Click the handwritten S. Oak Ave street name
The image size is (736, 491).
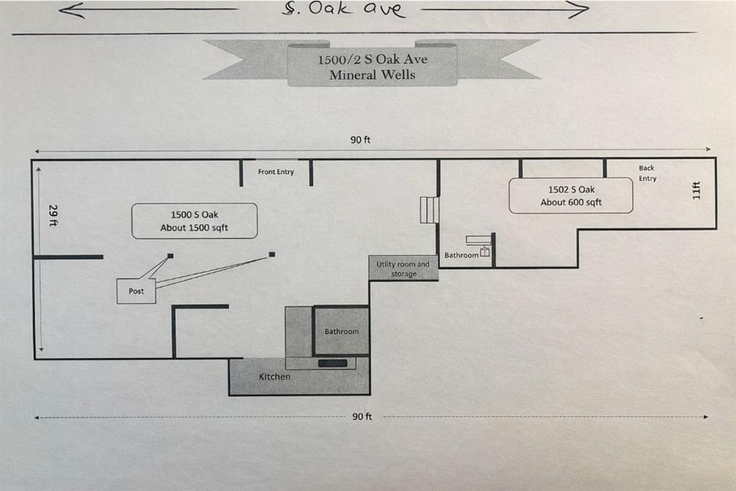344,9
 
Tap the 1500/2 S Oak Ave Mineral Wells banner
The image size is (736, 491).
372,65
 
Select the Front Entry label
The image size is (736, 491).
276,172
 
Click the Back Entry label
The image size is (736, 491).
647,173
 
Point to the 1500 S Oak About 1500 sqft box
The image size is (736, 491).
194,221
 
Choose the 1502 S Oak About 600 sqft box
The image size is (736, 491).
571,196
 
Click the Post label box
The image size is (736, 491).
136,291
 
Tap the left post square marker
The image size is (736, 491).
170,256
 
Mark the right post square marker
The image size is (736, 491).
272,254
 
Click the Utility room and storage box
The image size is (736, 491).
403,269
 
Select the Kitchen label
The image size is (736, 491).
275,377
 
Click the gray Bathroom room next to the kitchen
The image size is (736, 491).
341,331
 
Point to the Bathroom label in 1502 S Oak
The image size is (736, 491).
461,255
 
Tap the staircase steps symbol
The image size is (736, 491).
429,210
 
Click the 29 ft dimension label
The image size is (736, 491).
52,215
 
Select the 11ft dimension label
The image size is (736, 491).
696,191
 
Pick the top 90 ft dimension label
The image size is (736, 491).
360,139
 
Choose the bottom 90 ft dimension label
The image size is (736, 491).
362,416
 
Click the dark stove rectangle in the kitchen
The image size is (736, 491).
333,363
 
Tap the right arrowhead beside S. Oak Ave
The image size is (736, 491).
581,9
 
